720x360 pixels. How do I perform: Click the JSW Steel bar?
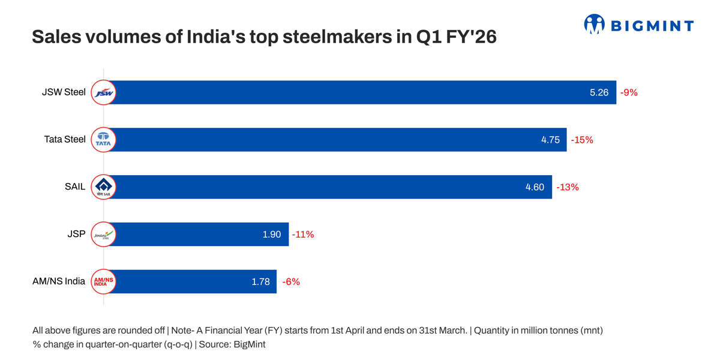tap(360, 92)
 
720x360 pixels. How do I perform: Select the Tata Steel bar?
tap(336, 140)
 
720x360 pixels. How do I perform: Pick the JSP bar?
tap(198, 235)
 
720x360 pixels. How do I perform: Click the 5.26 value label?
tap(599, 92)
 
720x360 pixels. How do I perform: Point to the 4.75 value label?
tap(550, 140)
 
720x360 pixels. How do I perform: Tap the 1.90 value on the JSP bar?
tap(271, 235)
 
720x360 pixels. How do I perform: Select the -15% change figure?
tap(581, 140)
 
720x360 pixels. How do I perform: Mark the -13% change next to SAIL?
tap(567, 187)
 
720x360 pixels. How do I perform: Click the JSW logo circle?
tap(103, 92)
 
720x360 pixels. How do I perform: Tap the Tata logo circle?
tap(103, 140)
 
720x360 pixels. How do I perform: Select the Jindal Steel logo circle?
tap(103, 235)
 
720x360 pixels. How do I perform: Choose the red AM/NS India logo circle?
tap(103, 281)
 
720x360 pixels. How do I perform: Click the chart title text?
tap(264, 38)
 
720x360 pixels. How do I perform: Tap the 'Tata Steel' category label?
tap(65, 140)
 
